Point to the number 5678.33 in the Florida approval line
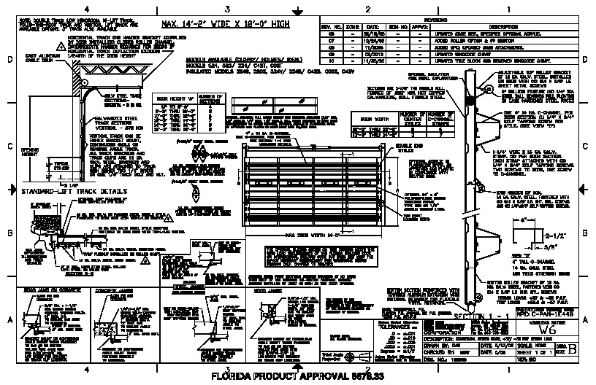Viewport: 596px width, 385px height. click(x=366, y=377)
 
